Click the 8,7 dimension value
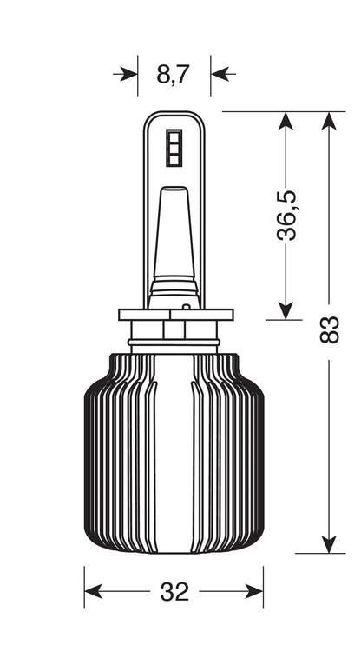tap(173, 75)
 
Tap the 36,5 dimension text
tap(286, 215)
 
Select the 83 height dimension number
tap(330, 329)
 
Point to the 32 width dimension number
tap(174, 592)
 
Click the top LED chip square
tap(174, 136)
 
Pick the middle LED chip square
tap(174, 149)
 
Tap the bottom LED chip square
tap(174, 160)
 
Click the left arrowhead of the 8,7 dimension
tap(128, 75)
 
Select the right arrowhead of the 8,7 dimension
tap(220, 75)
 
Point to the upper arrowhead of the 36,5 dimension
tap(286, 121)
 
